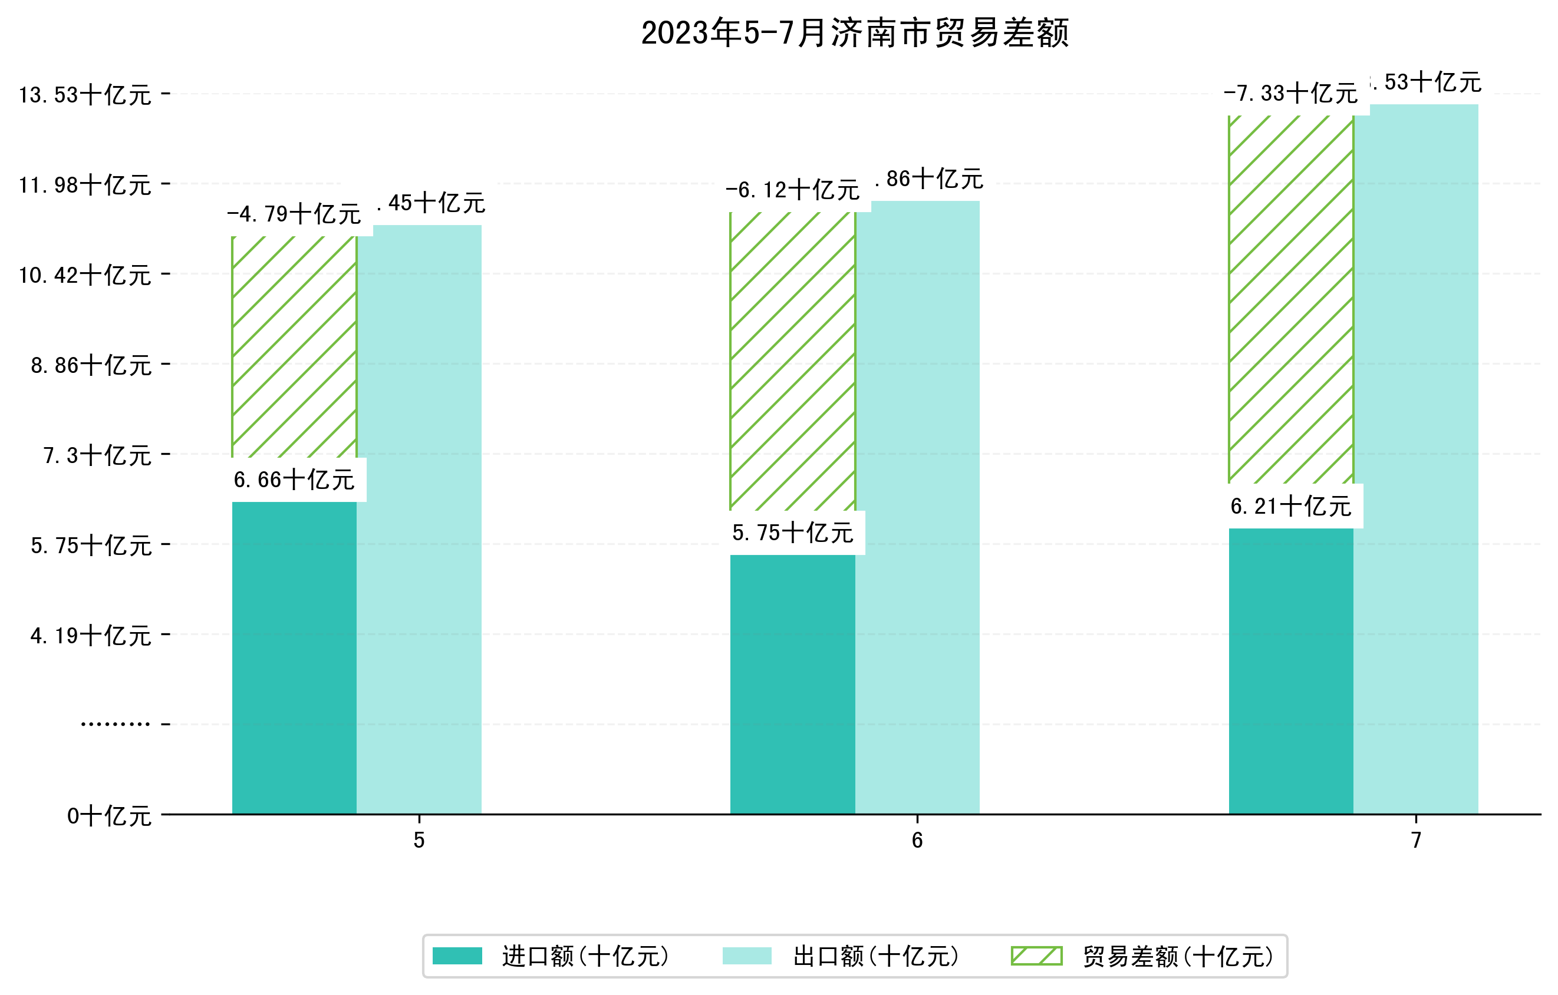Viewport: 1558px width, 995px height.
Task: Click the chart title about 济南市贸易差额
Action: (x=855, y=33)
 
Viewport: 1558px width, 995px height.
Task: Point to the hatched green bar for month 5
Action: (x=294, y=346)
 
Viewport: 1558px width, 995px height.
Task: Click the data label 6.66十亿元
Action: (x=294, y=480)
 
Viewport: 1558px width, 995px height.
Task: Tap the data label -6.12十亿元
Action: (x=793, y=190)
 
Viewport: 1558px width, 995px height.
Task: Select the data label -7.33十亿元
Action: (x=1291, y=94)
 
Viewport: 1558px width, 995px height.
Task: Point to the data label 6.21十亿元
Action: (x=1291, y=506)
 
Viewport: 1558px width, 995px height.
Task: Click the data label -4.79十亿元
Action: (x=294, y=214)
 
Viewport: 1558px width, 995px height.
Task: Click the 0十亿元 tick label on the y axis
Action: (x=109, y=816)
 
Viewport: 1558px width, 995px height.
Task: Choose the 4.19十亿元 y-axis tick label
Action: (x=91, y=636)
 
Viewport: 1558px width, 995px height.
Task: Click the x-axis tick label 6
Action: (x=917, y=841)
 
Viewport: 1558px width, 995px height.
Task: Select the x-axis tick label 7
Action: (x=1417, y=841)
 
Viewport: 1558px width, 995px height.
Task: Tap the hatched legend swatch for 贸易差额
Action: (x=1036, y=956)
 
